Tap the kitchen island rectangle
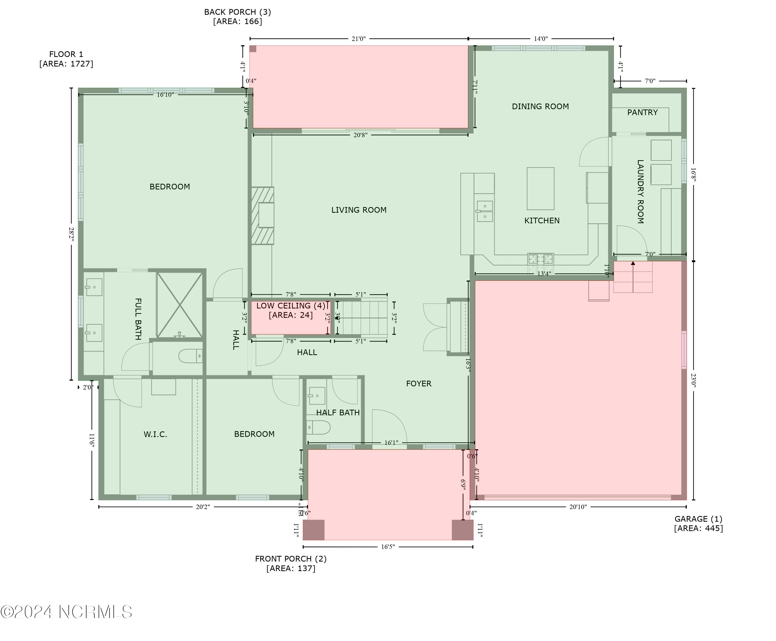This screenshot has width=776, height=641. coord(540,189)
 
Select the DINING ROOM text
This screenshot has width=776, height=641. coord(540,107)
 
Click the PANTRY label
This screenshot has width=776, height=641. coord(642,113)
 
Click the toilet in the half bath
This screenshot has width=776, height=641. coord(318,427)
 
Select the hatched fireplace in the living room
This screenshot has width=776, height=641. coord(262,216)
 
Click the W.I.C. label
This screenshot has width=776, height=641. coord(155,434)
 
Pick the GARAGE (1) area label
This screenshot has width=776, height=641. coord(698,524)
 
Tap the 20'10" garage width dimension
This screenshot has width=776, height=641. coord(578,507)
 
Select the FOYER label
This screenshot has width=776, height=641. coord(419,384)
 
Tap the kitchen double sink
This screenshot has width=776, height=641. coord(484,211)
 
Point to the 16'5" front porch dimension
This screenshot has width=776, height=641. coord(387,547)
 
